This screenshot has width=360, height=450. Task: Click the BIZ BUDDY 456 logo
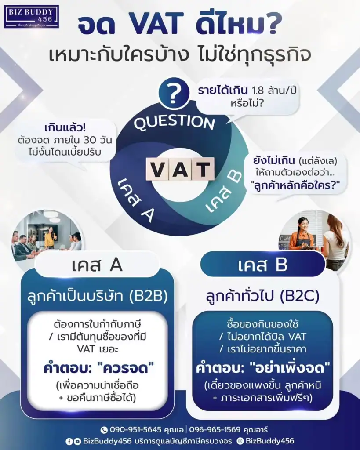click(x=31, y=17)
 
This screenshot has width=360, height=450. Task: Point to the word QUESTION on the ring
click(x=175, y=123)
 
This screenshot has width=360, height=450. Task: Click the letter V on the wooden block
click(x=157, y=169)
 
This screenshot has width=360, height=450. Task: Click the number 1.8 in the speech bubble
click(x=258, y=91)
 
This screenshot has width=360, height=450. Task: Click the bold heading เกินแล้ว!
click(x=65, y=127)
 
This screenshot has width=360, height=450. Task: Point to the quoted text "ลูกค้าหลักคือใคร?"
click(x=295, y=185)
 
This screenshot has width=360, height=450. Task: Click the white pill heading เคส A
click(x=97, y=265)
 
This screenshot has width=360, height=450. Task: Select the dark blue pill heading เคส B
click(x=262, y=265)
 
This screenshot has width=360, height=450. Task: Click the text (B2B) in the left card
click(x=149, y=296)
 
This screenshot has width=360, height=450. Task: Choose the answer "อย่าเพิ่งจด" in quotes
click(x=290, y=368)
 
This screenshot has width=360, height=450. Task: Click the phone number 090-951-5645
click(x=135, y=430)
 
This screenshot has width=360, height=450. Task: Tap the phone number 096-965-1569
click(x=215, y=430)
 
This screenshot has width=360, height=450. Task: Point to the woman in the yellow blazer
click(x=50, y=237)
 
